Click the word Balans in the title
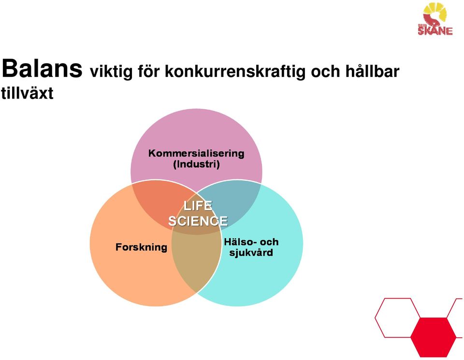tap(42, 68)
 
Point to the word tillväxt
tap(27, 93)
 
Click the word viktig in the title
tap(111, 72)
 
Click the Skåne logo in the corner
tap(435, 19)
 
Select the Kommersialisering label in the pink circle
tap(196, 153)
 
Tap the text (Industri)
tap(197, 164)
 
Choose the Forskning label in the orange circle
tap(141, 247)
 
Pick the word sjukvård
tap(251, 253)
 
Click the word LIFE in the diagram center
tap(198, 205)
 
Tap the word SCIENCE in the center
tap(198, 221)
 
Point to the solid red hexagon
tap(434, 337)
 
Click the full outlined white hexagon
tap(397, 317)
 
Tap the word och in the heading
tap(325, 71)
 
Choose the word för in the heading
tap(148, 71)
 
